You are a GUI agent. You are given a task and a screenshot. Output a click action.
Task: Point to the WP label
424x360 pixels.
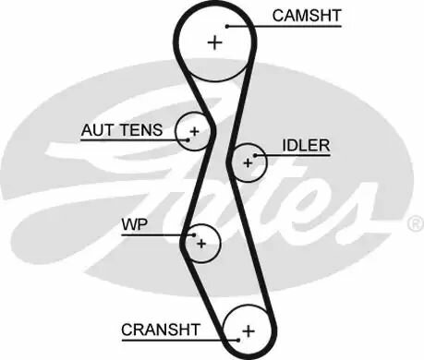point(133,224)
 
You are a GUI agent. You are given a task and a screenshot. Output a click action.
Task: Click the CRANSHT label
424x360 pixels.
point(161,329)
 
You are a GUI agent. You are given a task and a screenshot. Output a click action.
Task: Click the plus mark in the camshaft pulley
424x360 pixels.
point(215,42)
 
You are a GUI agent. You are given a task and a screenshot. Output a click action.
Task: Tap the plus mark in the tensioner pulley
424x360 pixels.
point(194,132)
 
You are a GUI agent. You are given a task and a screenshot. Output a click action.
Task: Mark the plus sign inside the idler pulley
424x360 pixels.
point(247,162)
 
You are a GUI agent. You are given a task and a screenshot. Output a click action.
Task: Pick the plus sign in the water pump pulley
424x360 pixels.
point(200,244)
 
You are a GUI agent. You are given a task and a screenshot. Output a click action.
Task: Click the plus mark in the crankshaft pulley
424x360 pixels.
point(248,330)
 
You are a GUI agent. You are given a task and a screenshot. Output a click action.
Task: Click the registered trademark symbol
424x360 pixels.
point(415,224)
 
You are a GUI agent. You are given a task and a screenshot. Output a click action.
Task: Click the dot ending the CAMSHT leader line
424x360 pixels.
point(228,27)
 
